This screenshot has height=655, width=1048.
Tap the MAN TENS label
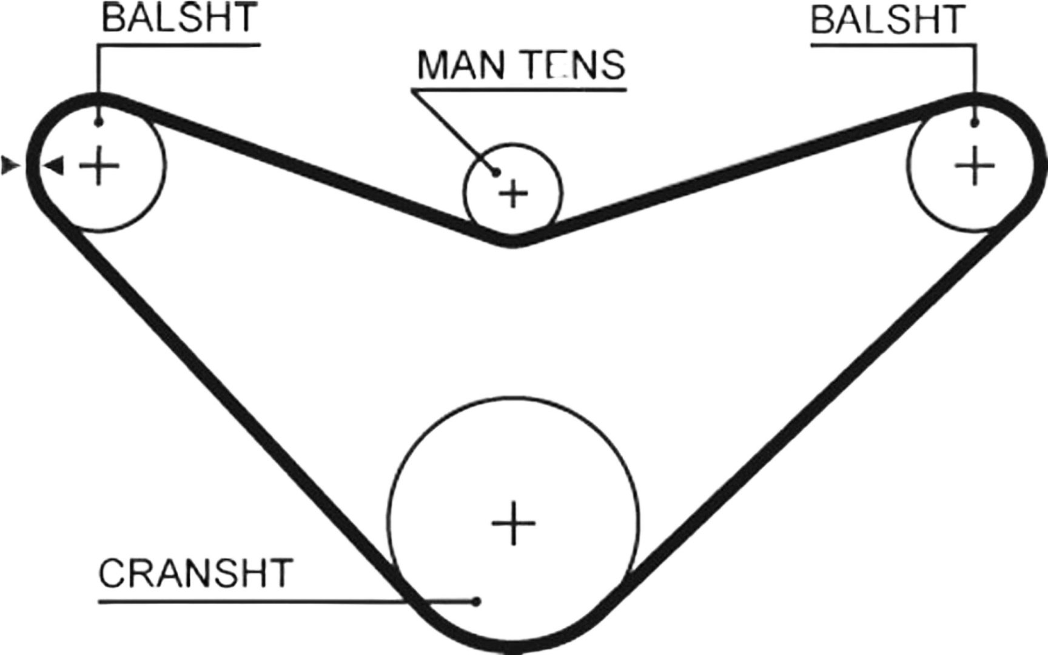pos(521,65)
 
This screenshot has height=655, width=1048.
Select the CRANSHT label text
pos(195,573)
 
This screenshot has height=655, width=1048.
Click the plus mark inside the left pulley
pos(99,165)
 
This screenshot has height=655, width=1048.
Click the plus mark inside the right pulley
pos(975,165)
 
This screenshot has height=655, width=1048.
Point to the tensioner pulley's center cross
pos(514,195)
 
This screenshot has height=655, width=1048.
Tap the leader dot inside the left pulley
pos(99,123)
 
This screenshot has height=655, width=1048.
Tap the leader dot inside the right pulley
pos(975,123)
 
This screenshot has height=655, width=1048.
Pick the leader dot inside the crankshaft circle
pos(477,602)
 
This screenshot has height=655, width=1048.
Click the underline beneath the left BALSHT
pos(180,44)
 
